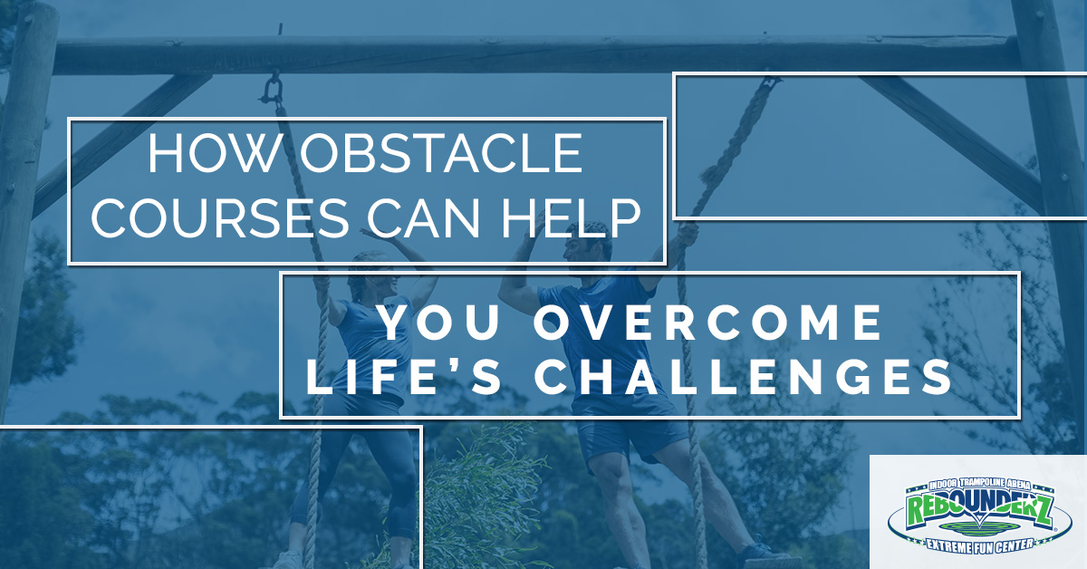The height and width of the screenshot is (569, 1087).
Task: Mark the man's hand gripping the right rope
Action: (x=686, y=237)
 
